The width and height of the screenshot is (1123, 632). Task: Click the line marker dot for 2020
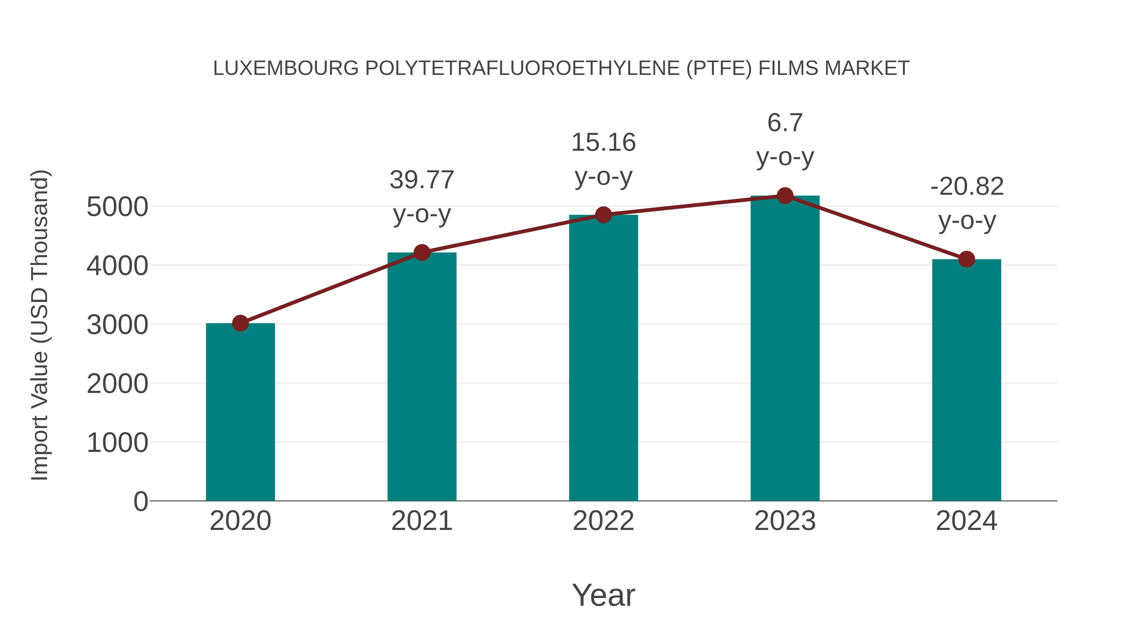pyautogui.click(x=240, y=323)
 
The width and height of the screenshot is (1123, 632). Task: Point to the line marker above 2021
pyautogui.click(x=422, y=252)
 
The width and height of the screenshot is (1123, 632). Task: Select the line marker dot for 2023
pyautogui.click(x=785, y=196)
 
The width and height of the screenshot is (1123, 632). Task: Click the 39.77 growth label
pyautogui.click(x=422, y=180)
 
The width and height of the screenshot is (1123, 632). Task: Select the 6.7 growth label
pyautogui.click(x=785, y=123)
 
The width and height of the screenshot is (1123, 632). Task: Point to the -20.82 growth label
pyautogui.click(x=967, y=187)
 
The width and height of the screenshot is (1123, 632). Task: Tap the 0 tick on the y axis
pyautogui.click(x=141, y=502)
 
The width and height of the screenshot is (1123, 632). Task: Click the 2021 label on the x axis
pyautogui.click(x=422, y=521)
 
